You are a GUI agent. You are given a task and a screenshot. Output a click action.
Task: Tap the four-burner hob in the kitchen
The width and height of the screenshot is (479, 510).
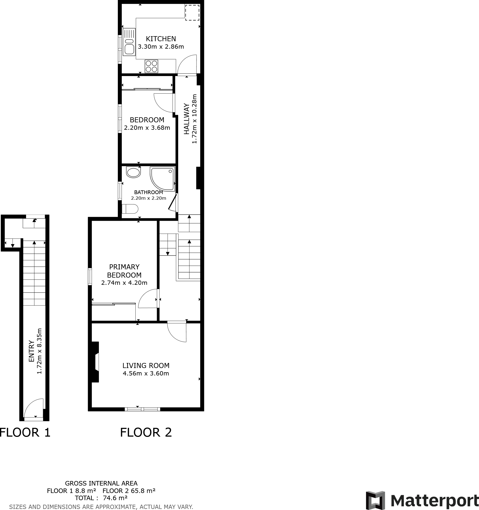pyautogui.click(x=151, y=66)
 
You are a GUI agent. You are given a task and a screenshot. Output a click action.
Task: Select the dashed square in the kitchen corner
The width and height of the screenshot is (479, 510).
pyautogui.click(x=192, y=12)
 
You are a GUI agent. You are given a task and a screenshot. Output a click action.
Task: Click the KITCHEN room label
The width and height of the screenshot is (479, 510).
pyautogui.click(x=161, y=39)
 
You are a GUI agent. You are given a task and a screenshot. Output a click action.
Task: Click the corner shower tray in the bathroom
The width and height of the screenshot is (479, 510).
pyautogui.click(x=162, y=179)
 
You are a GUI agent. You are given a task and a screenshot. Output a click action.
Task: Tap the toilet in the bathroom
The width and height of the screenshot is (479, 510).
pyautogui.click(x=130, y=209)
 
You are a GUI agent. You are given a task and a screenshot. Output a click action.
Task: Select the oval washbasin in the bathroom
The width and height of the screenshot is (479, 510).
pyautogui.click(x=133, y=172)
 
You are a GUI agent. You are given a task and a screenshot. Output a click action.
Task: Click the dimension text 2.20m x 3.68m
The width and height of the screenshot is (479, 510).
pyautogui.click(x=147, y=128)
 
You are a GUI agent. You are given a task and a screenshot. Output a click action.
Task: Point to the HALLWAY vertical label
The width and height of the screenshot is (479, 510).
pyautogui.click(x=187, y=119)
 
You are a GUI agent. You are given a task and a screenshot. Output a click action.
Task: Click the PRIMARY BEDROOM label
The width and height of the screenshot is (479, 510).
pyautogui.click(x=124, y=271)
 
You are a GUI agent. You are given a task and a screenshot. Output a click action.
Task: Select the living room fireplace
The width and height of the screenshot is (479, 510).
pyautogui.click(x=95, y=362)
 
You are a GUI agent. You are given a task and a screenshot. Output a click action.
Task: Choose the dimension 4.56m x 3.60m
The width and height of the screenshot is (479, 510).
pyautogui.click(x=146, y=373)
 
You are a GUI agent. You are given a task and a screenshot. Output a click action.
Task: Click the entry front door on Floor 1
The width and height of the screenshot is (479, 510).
pyautogui.click(x=34, y=408)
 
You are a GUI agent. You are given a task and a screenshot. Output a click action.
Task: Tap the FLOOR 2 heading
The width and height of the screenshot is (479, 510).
pyautogui.click(x=146, y=432)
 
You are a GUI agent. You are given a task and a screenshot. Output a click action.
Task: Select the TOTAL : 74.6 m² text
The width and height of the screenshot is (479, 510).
pyautogui.click(x=101, y=498)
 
